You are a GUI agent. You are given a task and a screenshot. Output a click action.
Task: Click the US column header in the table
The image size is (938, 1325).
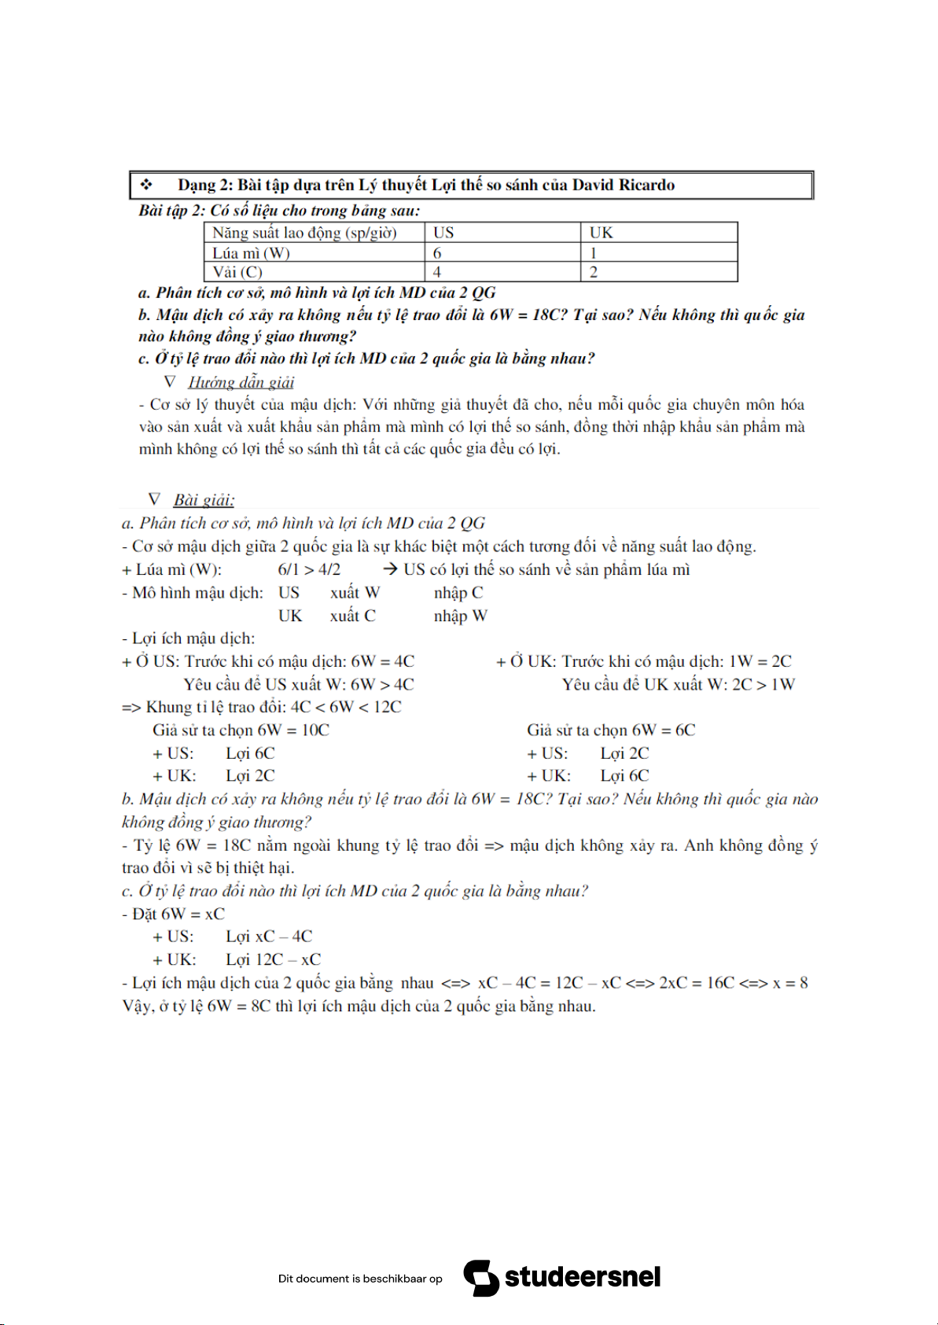[x=443, y=233]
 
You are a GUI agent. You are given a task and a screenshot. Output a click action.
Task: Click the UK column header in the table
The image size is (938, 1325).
[x=601, y=233]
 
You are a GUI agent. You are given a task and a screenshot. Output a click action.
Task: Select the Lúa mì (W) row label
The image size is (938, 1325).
[x=251, y=253]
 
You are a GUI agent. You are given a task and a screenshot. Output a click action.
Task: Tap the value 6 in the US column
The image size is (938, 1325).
[x=437, y=253]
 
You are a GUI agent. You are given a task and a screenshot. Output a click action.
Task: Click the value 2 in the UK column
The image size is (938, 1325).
[x=594, y=272]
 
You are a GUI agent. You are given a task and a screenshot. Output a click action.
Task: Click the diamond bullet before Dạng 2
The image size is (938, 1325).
[x=146, y=185]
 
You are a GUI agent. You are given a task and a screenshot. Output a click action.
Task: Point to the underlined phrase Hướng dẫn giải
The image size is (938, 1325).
[x=241, y=382]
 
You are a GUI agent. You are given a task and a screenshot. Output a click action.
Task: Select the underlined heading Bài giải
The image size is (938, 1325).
[x=204, y=500]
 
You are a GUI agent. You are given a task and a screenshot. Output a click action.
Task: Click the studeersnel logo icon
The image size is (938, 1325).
[x=480, y=1278]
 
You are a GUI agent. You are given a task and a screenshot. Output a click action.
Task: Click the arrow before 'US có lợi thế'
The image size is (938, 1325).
[x=390, y=569]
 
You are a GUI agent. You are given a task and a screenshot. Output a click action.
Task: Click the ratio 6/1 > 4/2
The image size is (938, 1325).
[x=309, y=569]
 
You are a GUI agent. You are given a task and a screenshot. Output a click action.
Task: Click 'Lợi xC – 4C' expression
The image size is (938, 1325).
[x=269, y=937]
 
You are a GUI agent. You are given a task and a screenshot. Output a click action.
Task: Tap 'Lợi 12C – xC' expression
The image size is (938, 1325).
[x=273, y=959]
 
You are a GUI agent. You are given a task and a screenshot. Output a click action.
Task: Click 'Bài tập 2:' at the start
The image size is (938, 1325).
[x=171, y=211]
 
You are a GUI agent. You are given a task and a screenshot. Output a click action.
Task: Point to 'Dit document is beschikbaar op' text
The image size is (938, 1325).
[x=360, y=1279]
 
